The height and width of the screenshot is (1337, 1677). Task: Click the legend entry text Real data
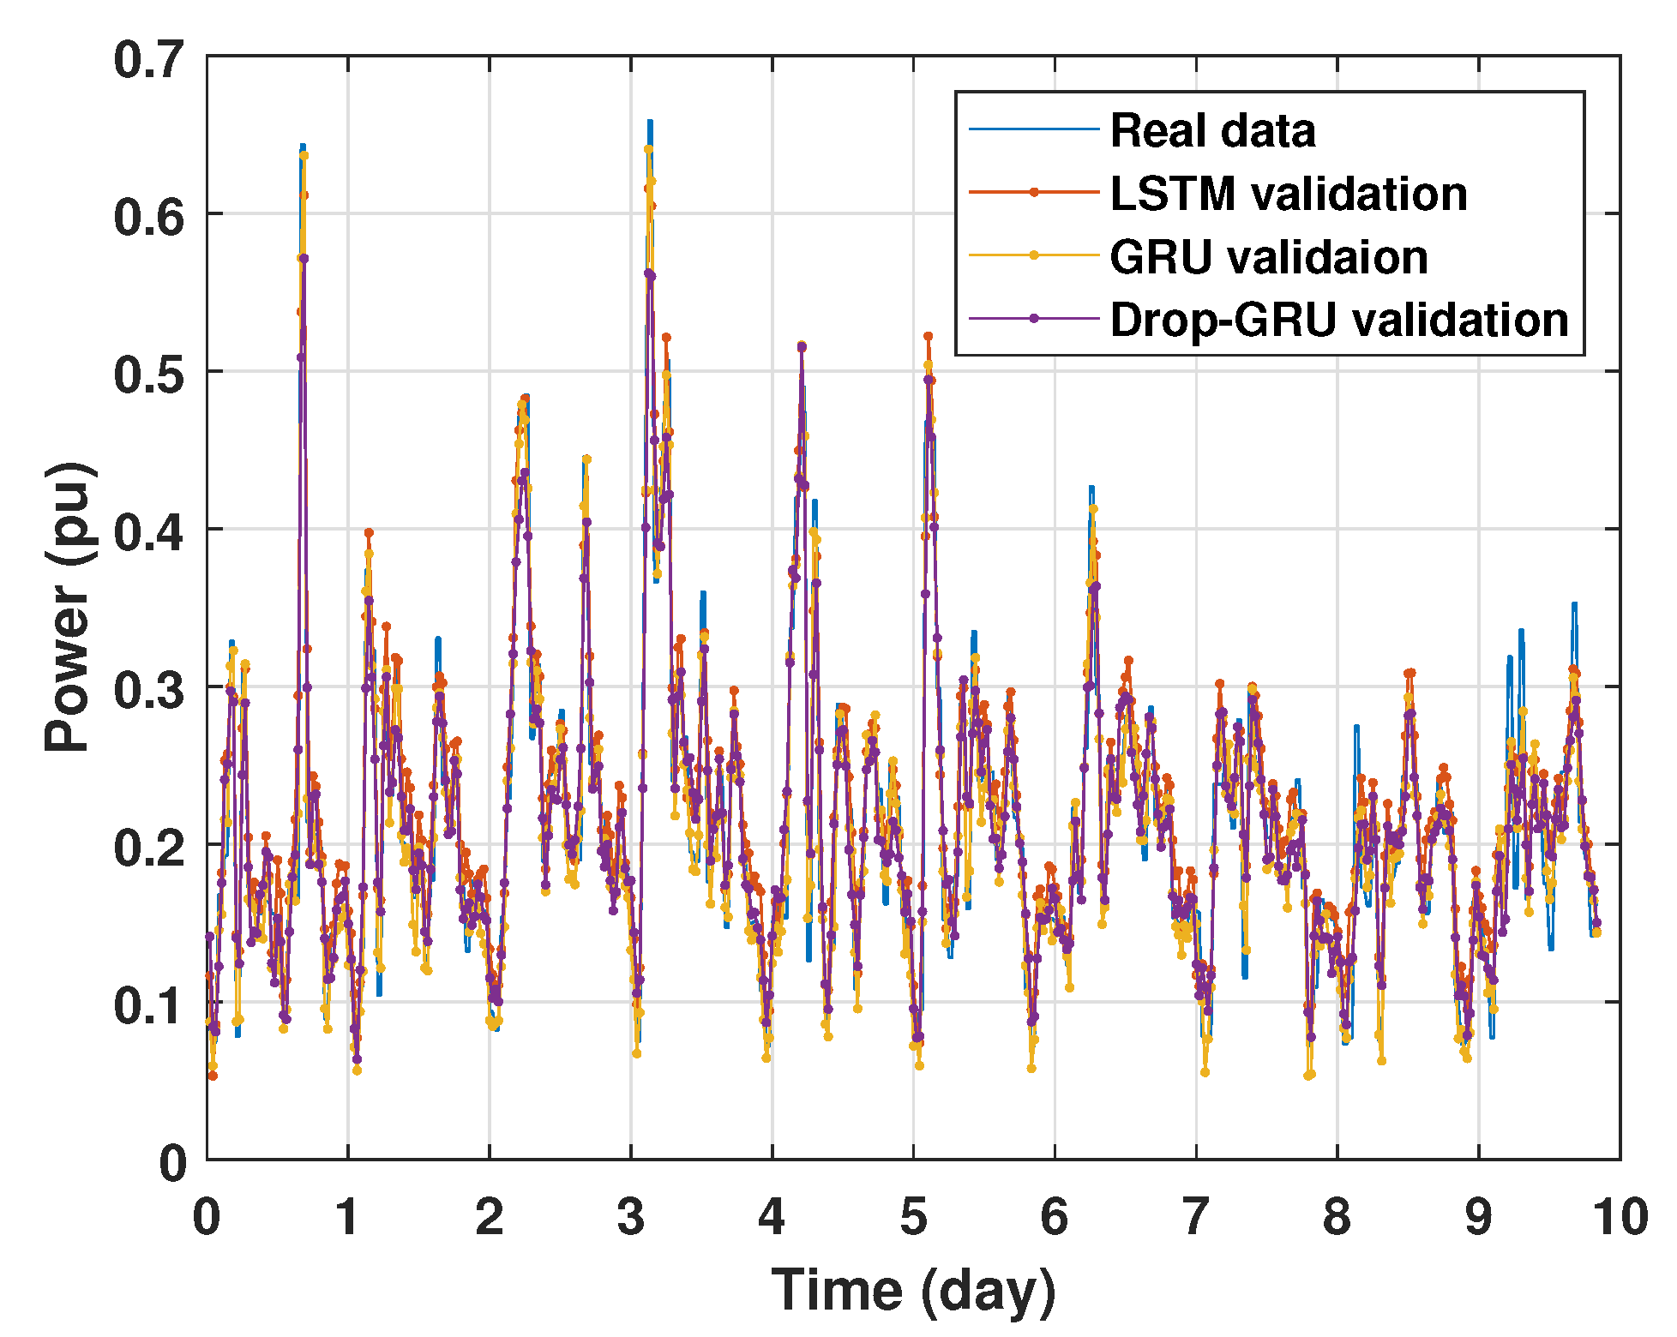pyautogui.click(x=1211, y=131)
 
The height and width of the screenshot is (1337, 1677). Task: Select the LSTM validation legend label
pyautogui.click(x=1288, y=194)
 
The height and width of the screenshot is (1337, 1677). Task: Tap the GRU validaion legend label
pyautogui.click(x=1268, y=257)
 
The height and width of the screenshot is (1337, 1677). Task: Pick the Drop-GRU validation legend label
pyautogui.click(x=1338, y=320)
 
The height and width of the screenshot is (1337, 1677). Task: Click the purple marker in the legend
pyautogui.click(x=1033, y=319)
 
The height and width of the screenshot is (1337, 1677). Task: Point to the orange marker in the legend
pyautogui.click(x=1033, y=193)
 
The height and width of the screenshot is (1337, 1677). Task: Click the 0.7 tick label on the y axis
pyautogui.click(x=149, y=61)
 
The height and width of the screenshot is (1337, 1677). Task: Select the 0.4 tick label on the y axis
pyautogui.click(x=149, y=531)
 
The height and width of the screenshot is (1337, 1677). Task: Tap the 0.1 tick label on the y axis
pyautogui.click(x=149, y=1004)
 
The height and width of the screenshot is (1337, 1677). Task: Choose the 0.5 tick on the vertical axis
pyautogui.click(x=149, y=375)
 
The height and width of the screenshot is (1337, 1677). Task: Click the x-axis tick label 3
pyautogui.click(x=631, y=1217)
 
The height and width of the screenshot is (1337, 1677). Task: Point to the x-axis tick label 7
pyautogui.click(x=1196, y=1217)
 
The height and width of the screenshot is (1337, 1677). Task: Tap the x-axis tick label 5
pyautogui.click(x=913, y=1217)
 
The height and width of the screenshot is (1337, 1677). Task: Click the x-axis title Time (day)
pyautogui.click(x=913, y=1290)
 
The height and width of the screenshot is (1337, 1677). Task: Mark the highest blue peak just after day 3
pyautogui.click(x=650, y=123)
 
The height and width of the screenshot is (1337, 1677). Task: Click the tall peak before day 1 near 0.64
pyautogui.click(x=303, y=147)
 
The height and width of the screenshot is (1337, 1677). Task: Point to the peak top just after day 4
pyautogui.click(x=802, y=345)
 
